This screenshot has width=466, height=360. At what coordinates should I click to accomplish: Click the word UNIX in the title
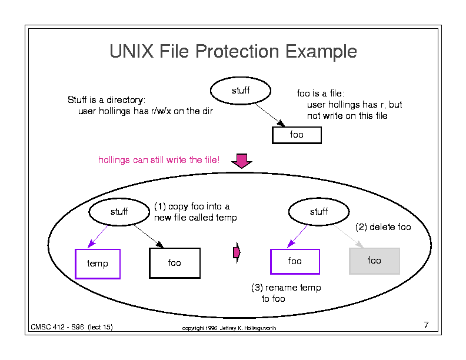pyautogui.click(x=132, y=51)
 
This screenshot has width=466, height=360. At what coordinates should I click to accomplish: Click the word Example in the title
pyautogui.click(x=321, y=52)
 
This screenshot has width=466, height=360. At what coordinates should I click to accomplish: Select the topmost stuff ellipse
pyautogui.click(x=241, y=91)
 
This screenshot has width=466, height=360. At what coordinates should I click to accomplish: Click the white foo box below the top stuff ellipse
pyautogui.click(x=297, y=135)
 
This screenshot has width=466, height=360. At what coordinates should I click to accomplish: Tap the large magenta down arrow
pyautogui.click(x=242, y=161)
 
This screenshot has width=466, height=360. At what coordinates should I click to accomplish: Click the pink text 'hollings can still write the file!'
pyautogui.click(x=159, y=160)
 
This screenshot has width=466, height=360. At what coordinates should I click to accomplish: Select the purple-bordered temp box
pyautogui.click(x=98, y=264)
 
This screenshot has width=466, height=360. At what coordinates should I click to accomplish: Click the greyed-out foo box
pyautogui.click(x=374, y=261)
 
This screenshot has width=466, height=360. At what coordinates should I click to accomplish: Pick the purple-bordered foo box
pyautogui.click(x=295, y=261)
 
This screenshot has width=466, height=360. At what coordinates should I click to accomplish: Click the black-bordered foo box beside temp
pyautogui.click(x=174, y=263)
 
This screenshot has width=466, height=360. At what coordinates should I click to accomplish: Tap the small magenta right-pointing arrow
pyautogui.click(x=237, y=252)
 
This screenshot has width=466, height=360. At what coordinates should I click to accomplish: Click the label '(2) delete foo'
pyautogui.click(x=383, y=227)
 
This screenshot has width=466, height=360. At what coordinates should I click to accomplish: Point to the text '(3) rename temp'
pyautogui.click(x=286, y=288)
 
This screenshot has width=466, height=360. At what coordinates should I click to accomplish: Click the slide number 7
pyautogui.click(x=426, y=325)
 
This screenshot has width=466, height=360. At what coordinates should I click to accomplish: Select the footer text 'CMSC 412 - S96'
pyautogui.click(x=57, y=327)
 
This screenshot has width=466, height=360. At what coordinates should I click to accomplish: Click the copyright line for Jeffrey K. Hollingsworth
pyautogui.click(x=229, y=328)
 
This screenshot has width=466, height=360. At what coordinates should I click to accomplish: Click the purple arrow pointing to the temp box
pyautogui.click(x=98, y=236)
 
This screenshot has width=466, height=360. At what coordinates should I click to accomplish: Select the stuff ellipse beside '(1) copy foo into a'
pyautogui.click(x=119, y=212)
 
